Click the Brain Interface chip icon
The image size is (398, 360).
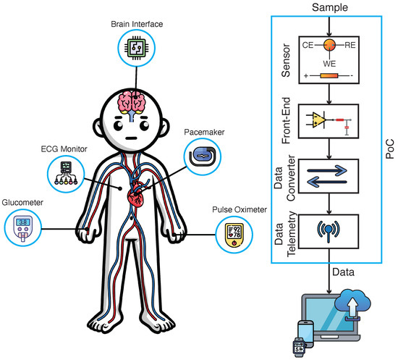click(x=137, y=49)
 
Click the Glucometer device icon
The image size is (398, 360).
click(x=24, y=229)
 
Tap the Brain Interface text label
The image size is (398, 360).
click(x=137, y=23)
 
